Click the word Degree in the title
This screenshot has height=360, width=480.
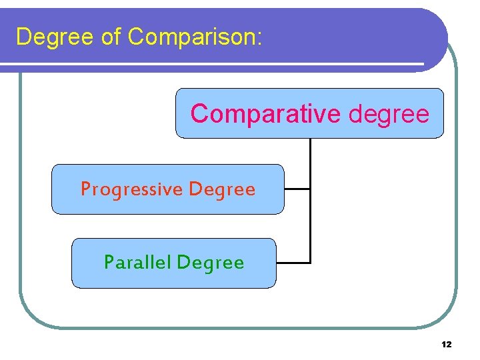pos(55,37)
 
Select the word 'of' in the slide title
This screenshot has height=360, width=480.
pos(111,37)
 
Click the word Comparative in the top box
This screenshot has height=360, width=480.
pos(265,114)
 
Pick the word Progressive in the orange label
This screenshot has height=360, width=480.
pos(131,189)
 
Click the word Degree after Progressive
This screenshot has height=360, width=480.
pos(222,190)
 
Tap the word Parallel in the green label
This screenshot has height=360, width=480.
pos(138,263)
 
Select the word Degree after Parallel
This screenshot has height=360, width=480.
pos(211,263)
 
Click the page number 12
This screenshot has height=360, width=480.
pos(447,345)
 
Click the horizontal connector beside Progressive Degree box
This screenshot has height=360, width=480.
pos(297,189)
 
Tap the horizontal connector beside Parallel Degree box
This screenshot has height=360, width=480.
pos(293,263)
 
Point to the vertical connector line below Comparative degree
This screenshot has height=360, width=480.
pos(311,163)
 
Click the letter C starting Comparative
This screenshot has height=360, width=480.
pos(199,114)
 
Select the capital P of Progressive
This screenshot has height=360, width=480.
pos(85,189)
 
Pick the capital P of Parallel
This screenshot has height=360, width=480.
pos(109,263)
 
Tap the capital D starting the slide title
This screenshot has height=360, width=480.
pos(24,37)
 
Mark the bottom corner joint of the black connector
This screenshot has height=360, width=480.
pos(311,263)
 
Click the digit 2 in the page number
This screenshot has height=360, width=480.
pos(449,345)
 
